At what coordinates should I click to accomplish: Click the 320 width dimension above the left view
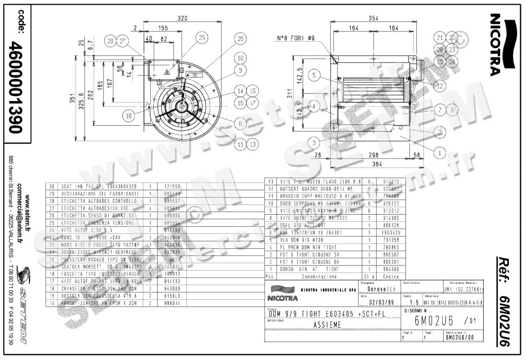tap(182, 18)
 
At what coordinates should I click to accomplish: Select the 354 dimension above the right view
tap(373, 18)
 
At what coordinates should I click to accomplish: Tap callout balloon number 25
tap(201, 38)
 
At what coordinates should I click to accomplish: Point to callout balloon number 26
tap(240, 39)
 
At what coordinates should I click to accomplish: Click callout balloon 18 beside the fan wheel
tap(128, 116)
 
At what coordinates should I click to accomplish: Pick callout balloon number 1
tap(440, 153)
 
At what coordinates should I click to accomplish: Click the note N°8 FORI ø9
tap(296, 38)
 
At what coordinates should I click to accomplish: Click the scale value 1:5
tap(412, 302)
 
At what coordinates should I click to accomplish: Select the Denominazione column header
tap(319, 277)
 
